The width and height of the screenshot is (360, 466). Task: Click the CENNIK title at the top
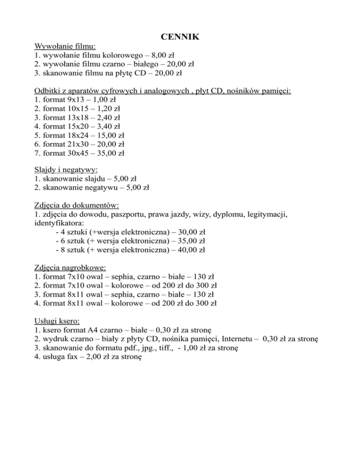pyautogui.click(x=180, y=36)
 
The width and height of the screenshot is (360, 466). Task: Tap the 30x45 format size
pyautogui.click(x=81, y=153)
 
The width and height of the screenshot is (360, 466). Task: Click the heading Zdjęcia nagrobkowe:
pyautogui.click(x=71, y=268)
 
